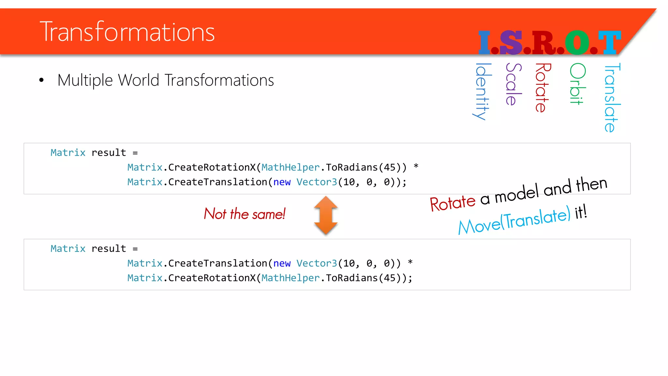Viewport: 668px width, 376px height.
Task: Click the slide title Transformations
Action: [x=127, y=32]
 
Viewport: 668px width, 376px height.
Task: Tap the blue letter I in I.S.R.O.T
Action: [x=484, y=42]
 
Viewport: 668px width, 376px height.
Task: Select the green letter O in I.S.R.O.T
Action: [x=577, y=42]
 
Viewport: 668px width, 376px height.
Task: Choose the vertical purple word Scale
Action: [x=513, y=84]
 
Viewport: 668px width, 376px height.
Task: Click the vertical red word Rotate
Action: [x=542, y=87]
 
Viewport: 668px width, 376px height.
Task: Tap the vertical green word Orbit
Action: [x=577, y=84]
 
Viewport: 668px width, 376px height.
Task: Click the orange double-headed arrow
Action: [x=326, y=215]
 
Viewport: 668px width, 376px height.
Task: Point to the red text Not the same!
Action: [x=245, y=214]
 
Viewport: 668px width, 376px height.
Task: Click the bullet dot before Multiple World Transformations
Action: [x=41, y=80]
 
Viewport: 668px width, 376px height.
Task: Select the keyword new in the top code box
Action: [x=282, y=182]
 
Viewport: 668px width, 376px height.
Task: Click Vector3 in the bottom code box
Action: [x=316, y=263]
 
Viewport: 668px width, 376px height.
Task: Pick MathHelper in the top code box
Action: [x=290, y=167]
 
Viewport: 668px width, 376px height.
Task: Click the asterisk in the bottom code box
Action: [x=410, y=262]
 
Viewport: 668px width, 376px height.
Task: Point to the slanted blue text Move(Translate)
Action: [x=514, y=221]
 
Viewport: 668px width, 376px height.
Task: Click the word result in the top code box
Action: [x=109, y=153]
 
